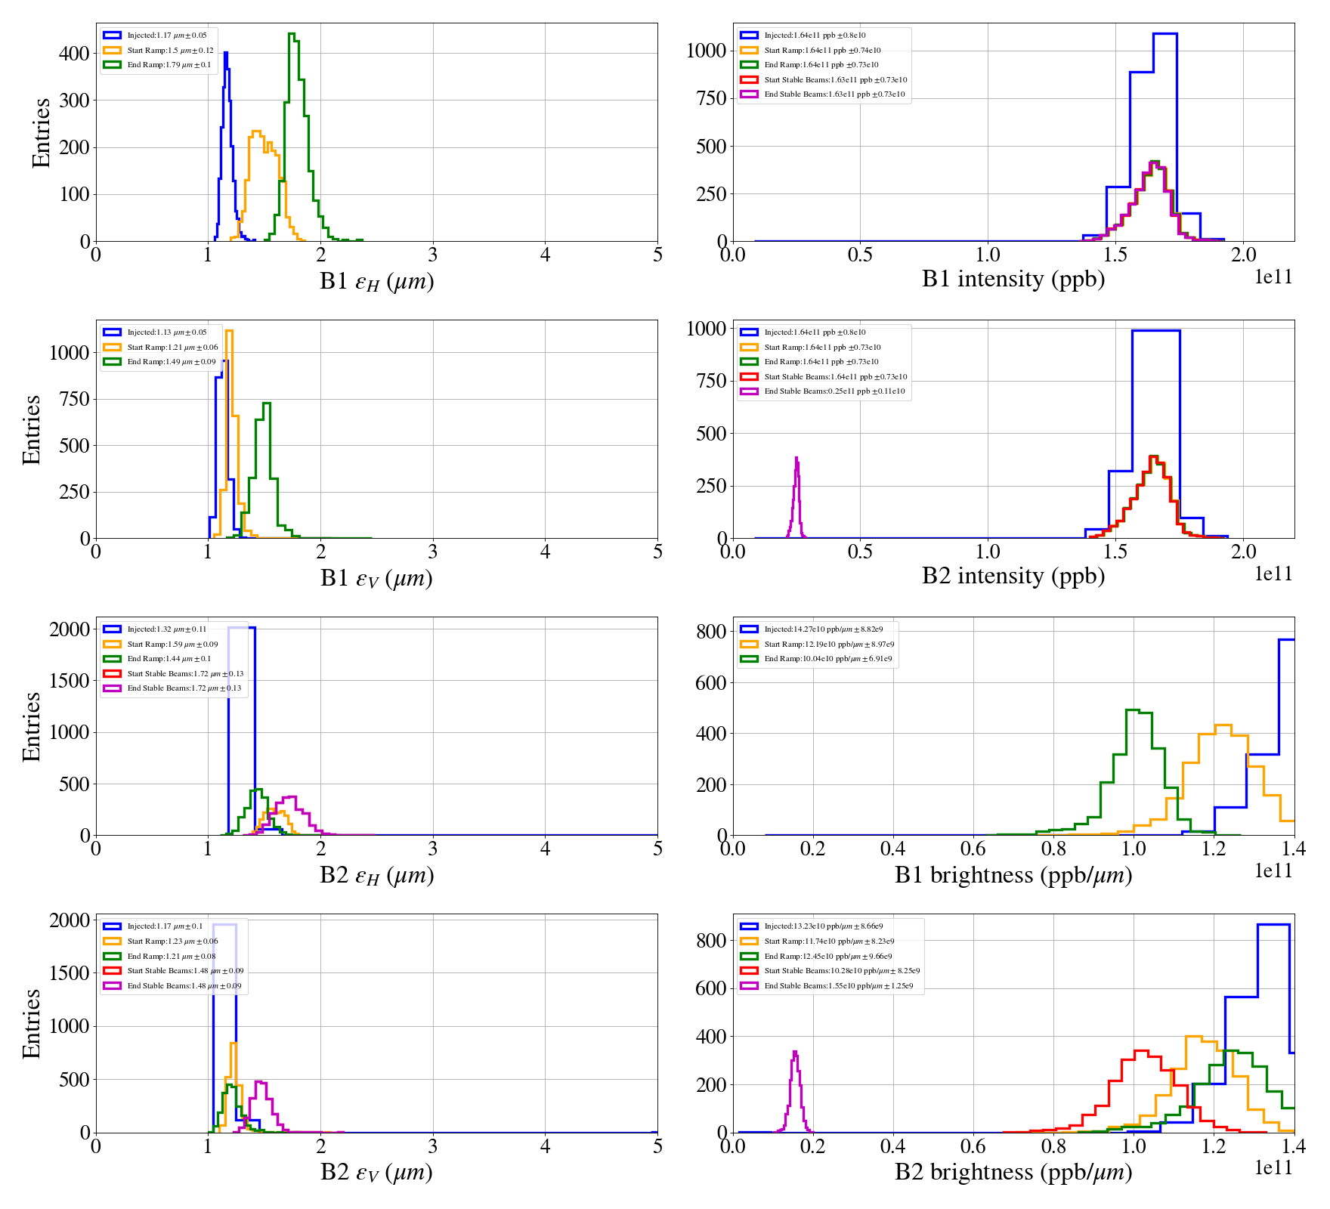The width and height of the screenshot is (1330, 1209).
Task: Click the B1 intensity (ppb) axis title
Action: click(1013, 280)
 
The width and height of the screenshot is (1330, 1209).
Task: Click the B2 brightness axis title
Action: click(1013, 1172)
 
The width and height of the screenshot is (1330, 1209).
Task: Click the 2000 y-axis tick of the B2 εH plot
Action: click(70, 629)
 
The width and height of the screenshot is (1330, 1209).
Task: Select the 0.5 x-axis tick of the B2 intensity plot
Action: click(860, 552)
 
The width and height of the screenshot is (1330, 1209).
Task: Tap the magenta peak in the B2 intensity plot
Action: click(796, 459)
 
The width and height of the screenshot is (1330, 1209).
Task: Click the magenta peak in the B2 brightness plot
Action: click(795, 1052)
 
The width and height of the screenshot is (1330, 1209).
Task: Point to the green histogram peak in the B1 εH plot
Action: click(292, 34)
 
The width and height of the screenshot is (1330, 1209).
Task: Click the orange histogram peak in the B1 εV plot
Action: click(229, 331)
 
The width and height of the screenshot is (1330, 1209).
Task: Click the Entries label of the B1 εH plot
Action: click(41, 132)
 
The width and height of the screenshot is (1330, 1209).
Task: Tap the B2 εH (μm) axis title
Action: click(376, 875)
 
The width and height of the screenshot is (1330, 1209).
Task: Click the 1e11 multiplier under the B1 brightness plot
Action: click(1273, 870)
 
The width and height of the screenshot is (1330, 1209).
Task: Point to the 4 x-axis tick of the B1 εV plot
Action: click(545, 552)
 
